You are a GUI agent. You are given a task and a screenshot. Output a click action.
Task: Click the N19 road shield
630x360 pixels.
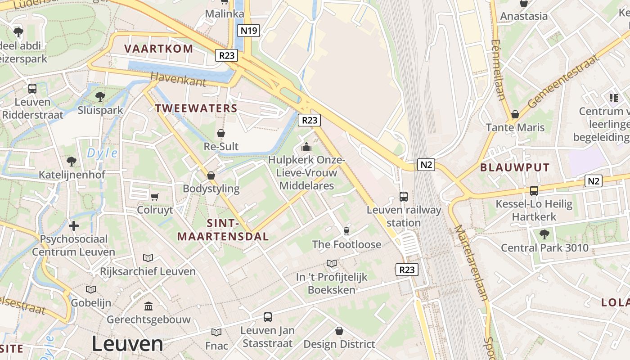pos(249,31)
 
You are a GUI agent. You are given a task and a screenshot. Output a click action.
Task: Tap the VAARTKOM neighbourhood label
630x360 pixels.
pos(158,49)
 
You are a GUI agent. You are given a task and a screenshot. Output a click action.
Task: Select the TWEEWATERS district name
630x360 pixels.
pos(196,108)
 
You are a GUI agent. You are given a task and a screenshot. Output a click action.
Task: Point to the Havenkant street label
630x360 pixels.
pos(178,79)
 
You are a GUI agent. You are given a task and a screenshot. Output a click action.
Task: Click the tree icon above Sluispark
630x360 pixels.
pos(100,96)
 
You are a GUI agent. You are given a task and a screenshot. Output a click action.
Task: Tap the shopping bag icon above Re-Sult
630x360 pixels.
pos(221,133)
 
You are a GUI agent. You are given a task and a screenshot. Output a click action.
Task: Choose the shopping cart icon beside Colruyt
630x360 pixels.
pos(155,197)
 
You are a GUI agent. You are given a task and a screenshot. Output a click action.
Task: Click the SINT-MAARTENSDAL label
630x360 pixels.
pos(223,230)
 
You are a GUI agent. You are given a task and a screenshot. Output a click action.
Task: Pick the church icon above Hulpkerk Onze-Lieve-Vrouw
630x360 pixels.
pos(306,147)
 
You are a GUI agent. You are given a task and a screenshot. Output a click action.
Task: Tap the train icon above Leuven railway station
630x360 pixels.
pos(404,197)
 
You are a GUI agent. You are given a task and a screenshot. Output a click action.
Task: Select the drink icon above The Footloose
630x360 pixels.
pos(346,231)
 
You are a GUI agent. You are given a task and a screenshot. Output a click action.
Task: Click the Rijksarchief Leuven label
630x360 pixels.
pos(148,271)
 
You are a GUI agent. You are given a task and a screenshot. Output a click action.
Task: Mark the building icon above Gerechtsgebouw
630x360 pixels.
pos(148,306)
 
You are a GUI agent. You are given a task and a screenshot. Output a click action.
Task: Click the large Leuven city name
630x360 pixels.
pos(127,344)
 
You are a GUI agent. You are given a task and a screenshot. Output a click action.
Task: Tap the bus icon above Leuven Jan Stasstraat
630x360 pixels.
pos(268,317)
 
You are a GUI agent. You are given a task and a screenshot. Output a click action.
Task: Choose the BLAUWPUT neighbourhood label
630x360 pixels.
pos(515,168)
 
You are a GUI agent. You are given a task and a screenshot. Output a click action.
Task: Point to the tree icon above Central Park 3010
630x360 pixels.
pos(544,234)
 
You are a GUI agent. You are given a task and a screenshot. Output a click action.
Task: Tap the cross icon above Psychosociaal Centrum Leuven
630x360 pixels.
pos(74,225)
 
